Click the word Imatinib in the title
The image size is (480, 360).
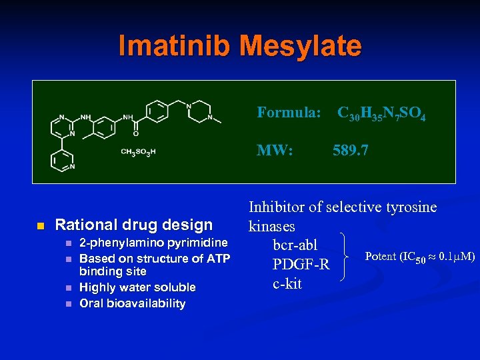tap(173, 45)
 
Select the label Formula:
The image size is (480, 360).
tap(290, 113)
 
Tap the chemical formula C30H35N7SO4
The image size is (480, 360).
tap(381, 114)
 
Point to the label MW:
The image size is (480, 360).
tap(275, 151)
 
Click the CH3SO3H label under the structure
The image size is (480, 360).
tap(138, 152)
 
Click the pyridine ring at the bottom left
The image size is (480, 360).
tap(62, 159)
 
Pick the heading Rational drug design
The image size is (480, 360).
tap(133, 225)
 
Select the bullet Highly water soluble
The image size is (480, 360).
tap(137, 287)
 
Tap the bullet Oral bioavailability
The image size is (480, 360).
tap(132, 303)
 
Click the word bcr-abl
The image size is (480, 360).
tap(295, 245)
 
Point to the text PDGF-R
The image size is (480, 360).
tap(301, 265)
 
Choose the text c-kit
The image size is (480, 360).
tap(287, 283)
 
